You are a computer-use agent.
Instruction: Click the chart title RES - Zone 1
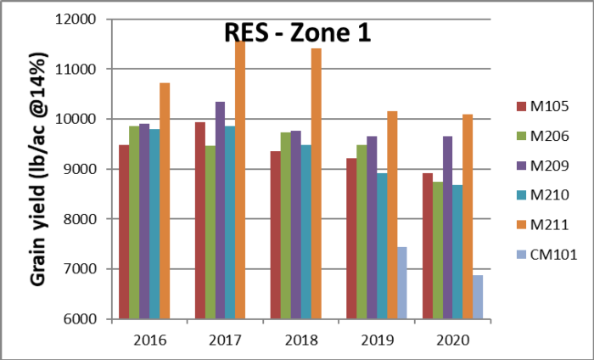pos(297,32)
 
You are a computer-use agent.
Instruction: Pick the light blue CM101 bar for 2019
pos(401,284)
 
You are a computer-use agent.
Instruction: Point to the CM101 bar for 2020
pos(478,297)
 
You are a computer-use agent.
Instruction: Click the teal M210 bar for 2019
pos(381,246)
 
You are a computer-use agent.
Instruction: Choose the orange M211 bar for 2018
pos(316,183)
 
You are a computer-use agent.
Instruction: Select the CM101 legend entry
pos(546,253)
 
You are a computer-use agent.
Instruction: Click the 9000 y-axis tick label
pos(82,169)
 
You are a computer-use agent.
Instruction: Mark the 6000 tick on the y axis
pos(82,319)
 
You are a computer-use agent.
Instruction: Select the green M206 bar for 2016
pos(134,222)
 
